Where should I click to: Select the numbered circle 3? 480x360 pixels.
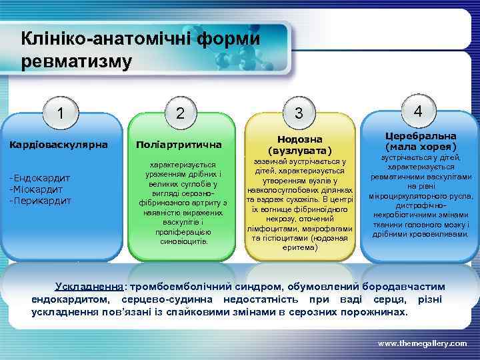coord(300,114)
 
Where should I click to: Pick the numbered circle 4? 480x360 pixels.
coord(418,111)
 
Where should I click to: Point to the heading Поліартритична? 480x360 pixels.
coord(179,145)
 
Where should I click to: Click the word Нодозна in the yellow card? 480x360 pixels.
coord(299,139)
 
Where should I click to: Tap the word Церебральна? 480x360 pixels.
coord(421,135)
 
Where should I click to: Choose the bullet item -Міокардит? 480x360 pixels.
coord(37,189)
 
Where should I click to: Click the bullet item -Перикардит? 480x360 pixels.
coord(39,199)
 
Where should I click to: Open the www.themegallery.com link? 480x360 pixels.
coord(422,343)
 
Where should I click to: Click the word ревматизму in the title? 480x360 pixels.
coord(77,62)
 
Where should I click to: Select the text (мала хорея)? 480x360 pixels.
coord(421,146)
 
